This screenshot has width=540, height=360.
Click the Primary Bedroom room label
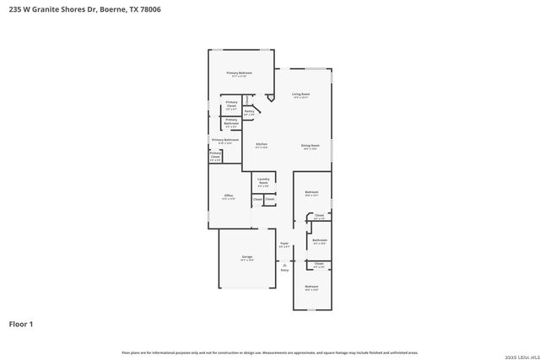pyautogui.click(x=239, y=73)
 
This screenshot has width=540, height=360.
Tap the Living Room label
pyautogui.click(x=301, y=94)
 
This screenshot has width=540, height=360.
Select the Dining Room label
pyautogui.click(x=310, y=146)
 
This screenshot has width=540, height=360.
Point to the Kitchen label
pyautogui.click(x=262, y=146)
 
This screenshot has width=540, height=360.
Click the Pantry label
pyautogui.click(x=249, y=111)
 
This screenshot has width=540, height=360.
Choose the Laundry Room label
pyautogui.click(x=263, y=180)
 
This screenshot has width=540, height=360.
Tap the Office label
pyautogui.click(x=228, y=196)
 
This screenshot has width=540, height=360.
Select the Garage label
pyautogui.click(x=247, y=258)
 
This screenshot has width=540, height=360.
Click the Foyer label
pyautogui.click(x=284, y=244)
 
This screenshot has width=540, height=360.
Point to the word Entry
pyautogui.click(x=284, y=270)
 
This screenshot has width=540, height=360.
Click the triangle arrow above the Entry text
pyautogui.click(x=284, y=263)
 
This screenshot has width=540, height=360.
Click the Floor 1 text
pyautogui.click(x=21, y=323)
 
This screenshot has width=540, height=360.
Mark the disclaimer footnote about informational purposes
pyautogui.click(x=269, y=352)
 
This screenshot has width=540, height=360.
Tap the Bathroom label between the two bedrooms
pyautogui.click(x=319, y=240)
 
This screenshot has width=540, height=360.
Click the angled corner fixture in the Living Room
pyautogui.click(x=270, y=99)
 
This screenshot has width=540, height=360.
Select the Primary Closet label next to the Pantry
pyautogui.click(x=230, y=106)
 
